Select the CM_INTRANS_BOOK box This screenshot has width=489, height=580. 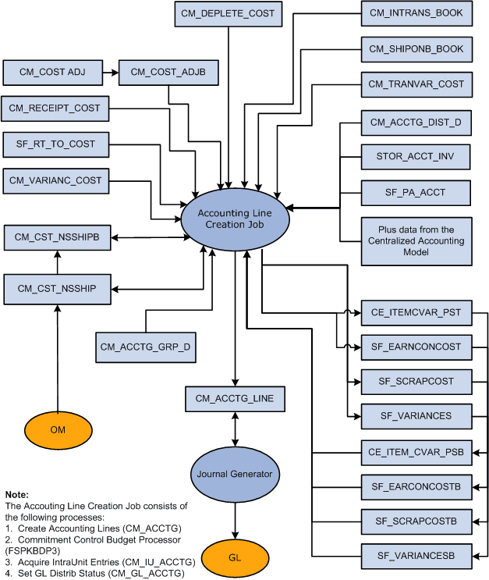pos(416,13)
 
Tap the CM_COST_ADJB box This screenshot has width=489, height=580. pos(168,73)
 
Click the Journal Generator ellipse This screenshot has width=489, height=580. pos(235,474)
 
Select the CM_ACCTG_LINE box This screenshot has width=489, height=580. pos(234,398)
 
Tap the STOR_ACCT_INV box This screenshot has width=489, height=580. pos(416,157)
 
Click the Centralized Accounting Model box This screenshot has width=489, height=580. pos(416,241)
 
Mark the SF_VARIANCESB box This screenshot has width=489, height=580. pos(416,556)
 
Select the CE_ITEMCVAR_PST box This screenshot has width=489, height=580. pos(416,313)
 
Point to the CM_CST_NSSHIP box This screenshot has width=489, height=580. pos(56,289)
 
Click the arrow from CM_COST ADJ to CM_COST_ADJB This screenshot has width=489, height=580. pos(111,73)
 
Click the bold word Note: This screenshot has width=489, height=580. pos(16,494)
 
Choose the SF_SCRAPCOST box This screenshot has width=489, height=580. pos(416,382)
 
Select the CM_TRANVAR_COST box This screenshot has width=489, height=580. pos(416,84)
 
